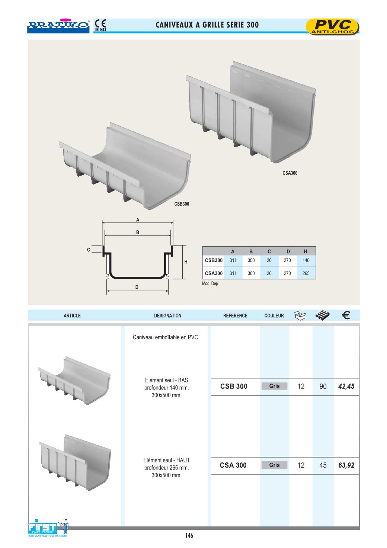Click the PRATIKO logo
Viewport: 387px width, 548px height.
[58, 25]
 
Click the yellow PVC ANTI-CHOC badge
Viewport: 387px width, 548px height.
[332, 27]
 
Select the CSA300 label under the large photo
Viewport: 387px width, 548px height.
[290, 173]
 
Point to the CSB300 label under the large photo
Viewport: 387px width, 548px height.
[182, 204]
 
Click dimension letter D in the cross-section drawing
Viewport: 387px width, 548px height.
[137, 287]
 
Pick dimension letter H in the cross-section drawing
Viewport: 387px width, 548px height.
[186, 262]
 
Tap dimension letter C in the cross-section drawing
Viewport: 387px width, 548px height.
[89, 250]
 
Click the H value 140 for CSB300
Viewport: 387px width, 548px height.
[306, 260]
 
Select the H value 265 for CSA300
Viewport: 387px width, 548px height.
[306, 273]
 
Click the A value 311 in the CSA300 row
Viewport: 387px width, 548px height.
[233, 273]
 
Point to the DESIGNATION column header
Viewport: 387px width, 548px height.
[167, 316]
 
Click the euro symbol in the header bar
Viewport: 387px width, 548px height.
[345, 315]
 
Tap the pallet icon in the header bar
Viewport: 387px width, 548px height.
[322, 315]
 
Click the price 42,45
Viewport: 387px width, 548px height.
[346, 387]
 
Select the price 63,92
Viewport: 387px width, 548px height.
[346, 465]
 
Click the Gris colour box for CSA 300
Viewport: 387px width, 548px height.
[274, 465]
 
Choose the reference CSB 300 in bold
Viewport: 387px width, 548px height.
[234, 387]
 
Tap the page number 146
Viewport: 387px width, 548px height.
[189, 536]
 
